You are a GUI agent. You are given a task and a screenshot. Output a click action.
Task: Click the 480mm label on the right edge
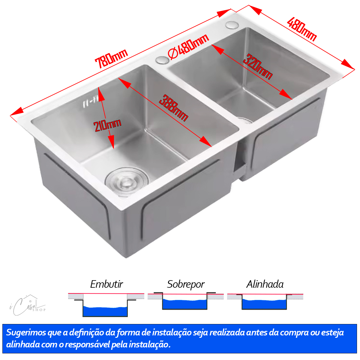coord(302,29)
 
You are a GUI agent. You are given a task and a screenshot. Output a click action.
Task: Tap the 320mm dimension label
coord(258,67)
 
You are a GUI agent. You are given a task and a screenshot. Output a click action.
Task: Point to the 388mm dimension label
coord(173,108)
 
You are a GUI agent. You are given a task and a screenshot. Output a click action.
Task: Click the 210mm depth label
coord(107,125)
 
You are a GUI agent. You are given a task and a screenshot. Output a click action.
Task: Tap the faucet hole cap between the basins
coord(162,60)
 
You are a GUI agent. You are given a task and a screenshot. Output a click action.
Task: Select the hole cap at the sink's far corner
coord(232,25)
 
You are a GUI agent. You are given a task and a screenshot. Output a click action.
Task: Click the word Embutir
coord(106,284)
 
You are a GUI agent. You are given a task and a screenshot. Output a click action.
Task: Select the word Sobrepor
coord(186,284)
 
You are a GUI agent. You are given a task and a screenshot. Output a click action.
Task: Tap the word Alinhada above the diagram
coord(265,284)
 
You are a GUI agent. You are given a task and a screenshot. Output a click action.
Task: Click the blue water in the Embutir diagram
coord(105,311)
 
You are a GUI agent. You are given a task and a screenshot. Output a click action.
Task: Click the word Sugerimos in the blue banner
coord(26,333)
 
